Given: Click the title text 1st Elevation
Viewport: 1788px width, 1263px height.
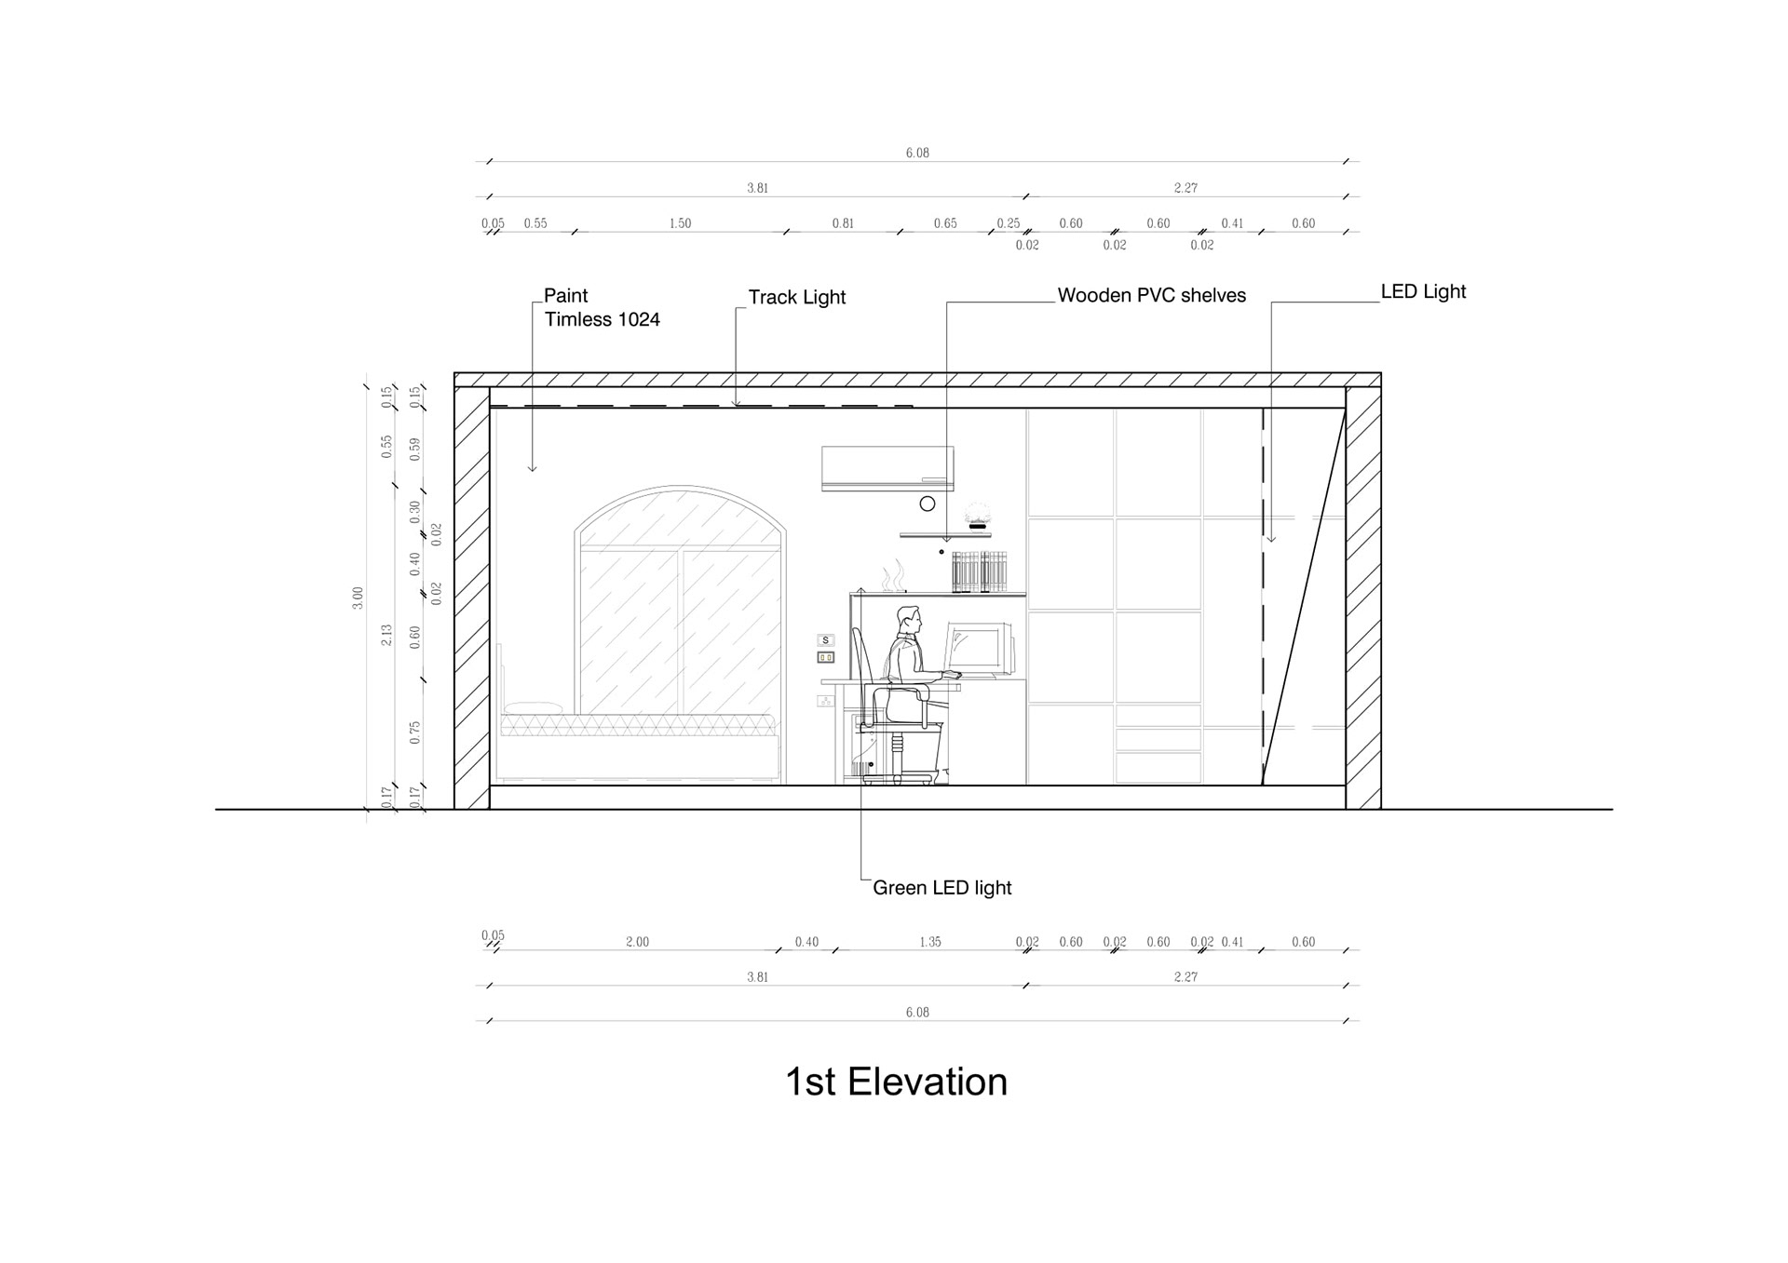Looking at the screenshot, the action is (896, 1082).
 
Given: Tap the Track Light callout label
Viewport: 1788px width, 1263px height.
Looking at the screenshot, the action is (797, 297).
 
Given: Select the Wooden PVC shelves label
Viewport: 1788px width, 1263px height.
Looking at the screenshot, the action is (1152, 295).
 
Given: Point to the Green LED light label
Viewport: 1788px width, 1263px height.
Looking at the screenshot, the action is (941, 888).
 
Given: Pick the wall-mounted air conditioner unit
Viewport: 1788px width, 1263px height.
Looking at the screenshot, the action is (887, 468).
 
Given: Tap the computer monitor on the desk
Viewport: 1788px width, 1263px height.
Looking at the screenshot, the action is (978, 648).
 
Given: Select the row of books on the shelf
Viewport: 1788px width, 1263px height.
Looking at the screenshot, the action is (980, 571).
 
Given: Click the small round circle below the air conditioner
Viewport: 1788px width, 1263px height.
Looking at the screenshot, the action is (928, 504).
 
